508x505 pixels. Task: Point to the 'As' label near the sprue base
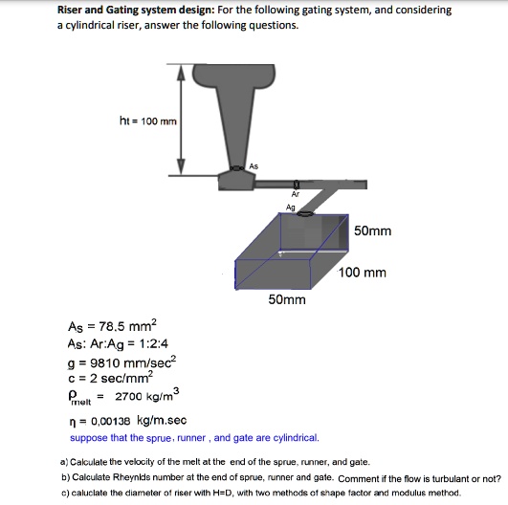[x=254, y=166]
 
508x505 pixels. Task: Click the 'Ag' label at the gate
[x=290, y=207]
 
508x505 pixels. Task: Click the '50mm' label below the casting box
[x=287, y=300]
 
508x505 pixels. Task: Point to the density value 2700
[x=128, y=396]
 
